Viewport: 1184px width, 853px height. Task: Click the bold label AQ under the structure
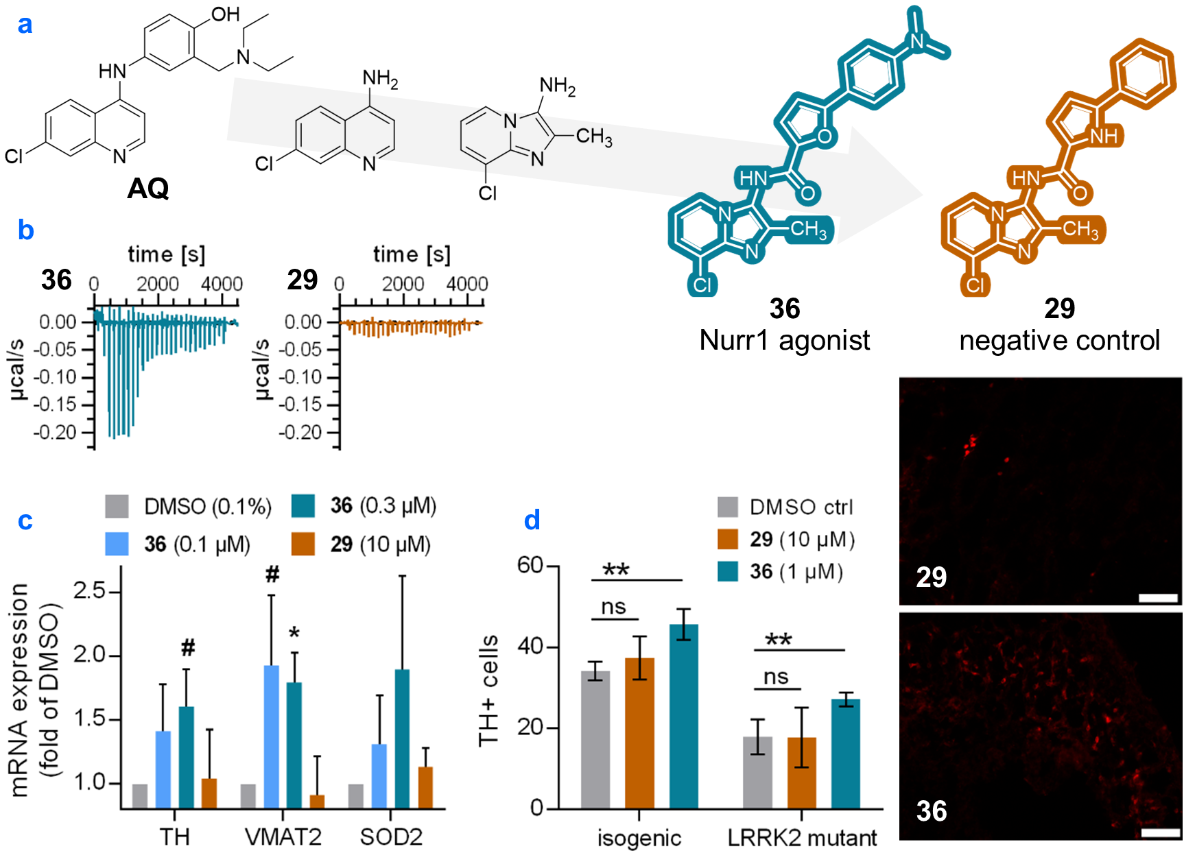(148, 188)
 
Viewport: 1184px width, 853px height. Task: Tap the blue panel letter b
(25, 230)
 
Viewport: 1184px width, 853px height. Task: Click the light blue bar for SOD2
(379, 776)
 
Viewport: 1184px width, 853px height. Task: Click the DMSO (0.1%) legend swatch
(117, 506)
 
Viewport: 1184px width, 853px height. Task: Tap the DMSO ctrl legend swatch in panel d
(727, 507)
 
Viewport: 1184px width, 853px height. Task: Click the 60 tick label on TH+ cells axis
(530, 565)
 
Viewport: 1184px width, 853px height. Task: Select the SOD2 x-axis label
(391, 837)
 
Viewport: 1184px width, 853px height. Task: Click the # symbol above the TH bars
(188, 647)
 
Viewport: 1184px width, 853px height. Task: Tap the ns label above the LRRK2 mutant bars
(776, 677)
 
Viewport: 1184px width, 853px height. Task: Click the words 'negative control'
(1059, 340)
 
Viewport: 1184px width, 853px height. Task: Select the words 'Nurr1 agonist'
(784, 340)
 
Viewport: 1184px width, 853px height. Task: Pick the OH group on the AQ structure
(224, 14)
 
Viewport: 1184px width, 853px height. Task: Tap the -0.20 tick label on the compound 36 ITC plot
(56, 433)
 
